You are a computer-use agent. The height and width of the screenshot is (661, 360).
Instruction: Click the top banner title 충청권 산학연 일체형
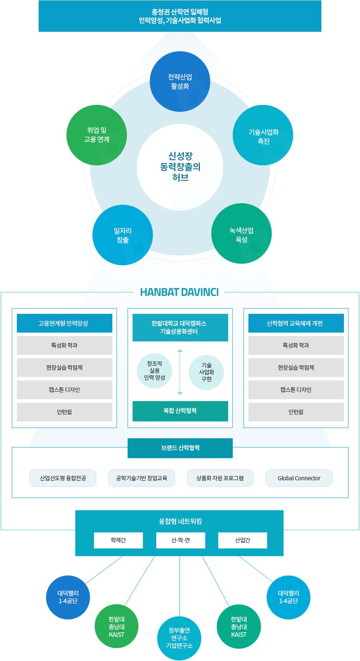[x=180, y=12]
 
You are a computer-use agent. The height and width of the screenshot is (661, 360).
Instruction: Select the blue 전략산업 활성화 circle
[x=180, y=82]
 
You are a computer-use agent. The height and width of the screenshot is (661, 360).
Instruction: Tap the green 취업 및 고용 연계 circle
[x=97, y=135]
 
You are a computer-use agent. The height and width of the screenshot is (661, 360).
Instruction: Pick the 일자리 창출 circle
[x=123, y=235]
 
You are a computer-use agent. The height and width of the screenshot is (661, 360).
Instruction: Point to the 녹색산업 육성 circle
[x=241, y=234]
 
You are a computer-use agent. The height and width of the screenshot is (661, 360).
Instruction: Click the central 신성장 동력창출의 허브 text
[x=180, y=167]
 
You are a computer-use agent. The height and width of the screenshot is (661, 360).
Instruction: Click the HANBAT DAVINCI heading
[x=179, y=292]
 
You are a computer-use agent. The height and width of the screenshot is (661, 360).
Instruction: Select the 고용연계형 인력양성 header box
[x=64, y=323]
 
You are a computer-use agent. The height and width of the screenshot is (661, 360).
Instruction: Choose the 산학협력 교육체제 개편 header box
[x=296, y=323]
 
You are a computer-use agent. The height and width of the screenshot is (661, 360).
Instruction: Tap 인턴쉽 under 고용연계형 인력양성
[x=64, y=412]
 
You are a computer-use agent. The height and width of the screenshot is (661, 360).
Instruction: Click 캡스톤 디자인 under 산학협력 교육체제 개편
[x=296, y=390]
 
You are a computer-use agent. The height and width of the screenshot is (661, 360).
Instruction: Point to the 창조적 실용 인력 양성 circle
[x=154, y=371]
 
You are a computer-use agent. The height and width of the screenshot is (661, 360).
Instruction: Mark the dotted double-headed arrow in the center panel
[x=180, y=372]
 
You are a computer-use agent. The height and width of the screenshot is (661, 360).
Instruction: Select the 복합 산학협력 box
[x=180, y=411]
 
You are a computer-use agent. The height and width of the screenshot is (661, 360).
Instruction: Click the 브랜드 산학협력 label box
[x=180, y=448]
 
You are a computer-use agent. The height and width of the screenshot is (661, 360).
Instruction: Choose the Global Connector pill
[x=299, y=478]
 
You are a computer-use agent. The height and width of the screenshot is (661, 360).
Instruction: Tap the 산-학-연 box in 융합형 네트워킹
[x=180, y=540]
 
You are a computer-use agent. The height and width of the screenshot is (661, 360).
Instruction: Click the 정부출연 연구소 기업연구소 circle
[x=179, y=638]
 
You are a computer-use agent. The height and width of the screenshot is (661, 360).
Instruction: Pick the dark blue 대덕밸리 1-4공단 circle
[x=68, y=597]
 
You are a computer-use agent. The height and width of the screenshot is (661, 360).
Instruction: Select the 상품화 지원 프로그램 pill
[x=220, y=478]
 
